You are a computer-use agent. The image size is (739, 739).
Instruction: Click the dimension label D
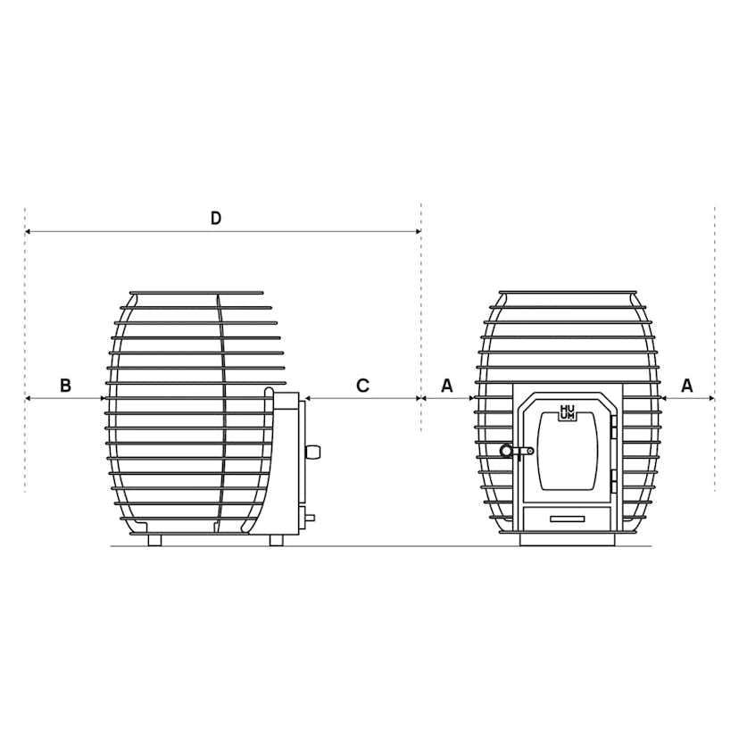point(215,218)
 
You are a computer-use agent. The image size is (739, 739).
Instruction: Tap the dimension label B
point(65,386)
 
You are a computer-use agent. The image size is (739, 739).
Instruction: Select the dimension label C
point(362,386)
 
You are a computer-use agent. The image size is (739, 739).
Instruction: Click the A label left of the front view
point(447,386)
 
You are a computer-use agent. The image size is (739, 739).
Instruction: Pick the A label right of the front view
point(687,386)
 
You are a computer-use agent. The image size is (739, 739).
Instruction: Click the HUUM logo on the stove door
point(567,412)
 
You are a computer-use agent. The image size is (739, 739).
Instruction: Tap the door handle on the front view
point(516,451)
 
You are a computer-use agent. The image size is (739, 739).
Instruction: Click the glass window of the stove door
point(568,451)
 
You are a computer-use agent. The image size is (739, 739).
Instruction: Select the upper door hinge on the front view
point(613,427)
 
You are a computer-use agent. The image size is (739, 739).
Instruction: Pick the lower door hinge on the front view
point(613,481)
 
